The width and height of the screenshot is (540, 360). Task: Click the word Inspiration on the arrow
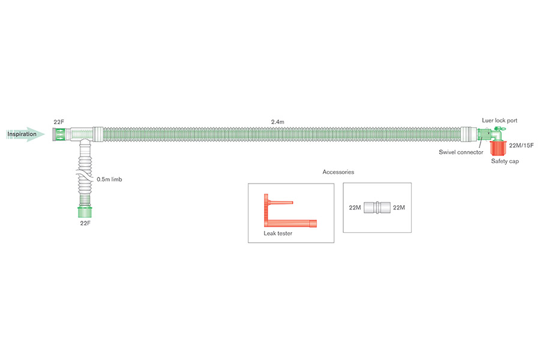pyautogui.click(x=22, y=134)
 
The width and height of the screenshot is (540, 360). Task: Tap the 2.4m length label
pyautogui.click(x=277, y=122)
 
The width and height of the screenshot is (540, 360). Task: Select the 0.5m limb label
pyautogui.click(x=110, y=179)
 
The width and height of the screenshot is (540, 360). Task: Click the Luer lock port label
pyautogui.click(x=499, y=121)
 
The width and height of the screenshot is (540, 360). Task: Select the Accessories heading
pyautogui.click(x=338, y=172)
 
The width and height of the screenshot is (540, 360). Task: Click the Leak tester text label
pyautogui.click(x=278, y=233)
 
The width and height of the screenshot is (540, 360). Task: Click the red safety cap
pyautogui.click(x=499, y=148)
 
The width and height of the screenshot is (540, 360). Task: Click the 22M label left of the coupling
pyautogui.click(x=355, y=208)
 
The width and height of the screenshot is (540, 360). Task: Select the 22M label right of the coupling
pyautogui.click(x=398, y=208)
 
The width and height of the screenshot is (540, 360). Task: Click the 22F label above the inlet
pyautogui.click(x=59, y=122)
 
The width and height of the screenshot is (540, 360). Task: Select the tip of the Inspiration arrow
pyautogui.click(x=43, y=134)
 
